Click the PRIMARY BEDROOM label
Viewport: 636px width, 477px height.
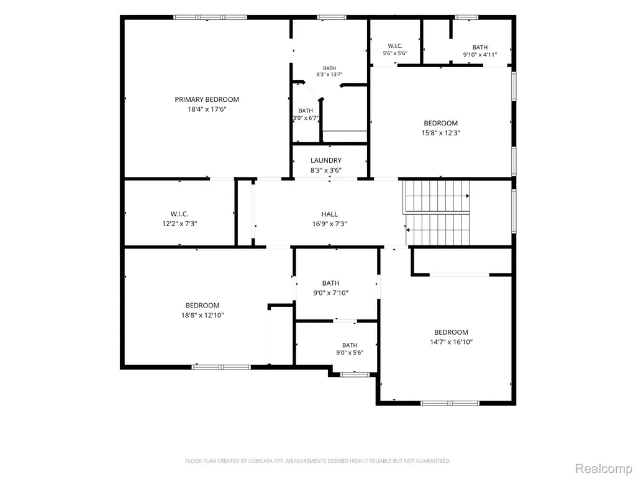coord(207,99)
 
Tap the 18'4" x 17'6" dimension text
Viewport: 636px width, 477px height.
coord(207,109)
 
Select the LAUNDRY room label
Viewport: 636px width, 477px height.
coord(326,161)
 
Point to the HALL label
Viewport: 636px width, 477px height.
coord(329,214)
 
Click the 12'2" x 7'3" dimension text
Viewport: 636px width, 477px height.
coord(179,224)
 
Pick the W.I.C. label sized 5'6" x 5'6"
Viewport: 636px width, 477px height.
coord(395,46)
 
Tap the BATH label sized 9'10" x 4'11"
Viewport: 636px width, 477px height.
coord(480,47)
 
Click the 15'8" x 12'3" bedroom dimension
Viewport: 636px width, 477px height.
coord(441,133)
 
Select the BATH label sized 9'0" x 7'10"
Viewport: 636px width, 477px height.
coord(331,283)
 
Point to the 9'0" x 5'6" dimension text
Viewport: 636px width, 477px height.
coord(350,353)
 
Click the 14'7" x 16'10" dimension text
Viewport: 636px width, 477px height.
coord(451,342)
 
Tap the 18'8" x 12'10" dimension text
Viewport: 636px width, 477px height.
coord(202,315)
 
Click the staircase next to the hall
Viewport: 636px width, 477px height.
coord(438,213)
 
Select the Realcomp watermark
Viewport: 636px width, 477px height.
coord(603,468)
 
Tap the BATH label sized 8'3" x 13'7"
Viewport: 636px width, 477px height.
coord(329,68)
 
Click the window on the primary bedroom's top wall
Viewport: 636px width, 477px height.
coord(210,17)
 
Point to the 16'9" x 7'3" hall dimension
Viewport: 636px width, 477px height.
coord(329,224)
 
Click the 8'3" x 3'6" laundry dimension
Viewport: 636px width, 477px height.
coord(326,170)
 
